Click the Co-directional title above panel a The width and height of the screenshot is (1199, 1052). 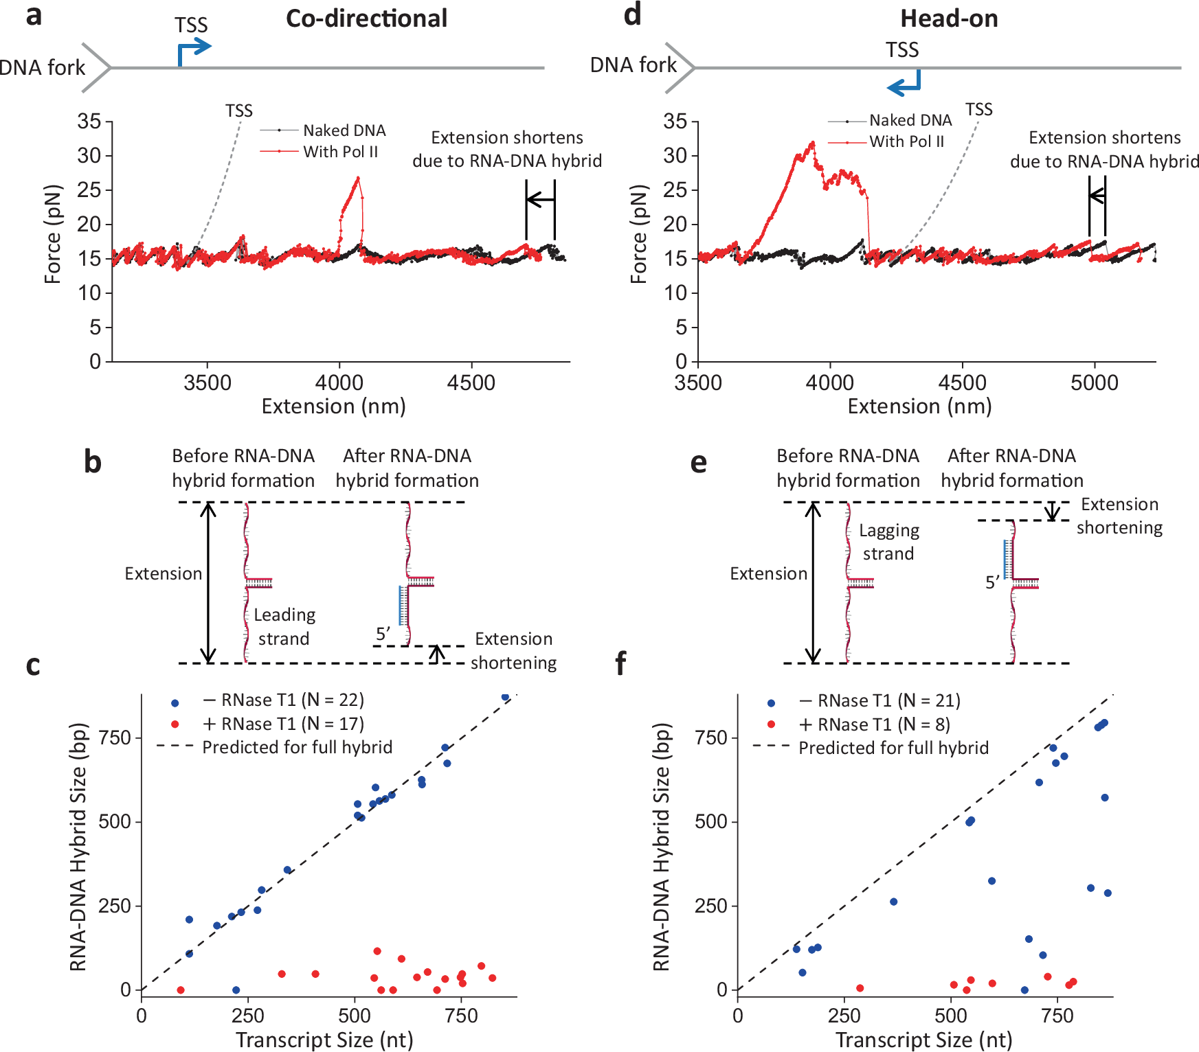(x=366, y=19)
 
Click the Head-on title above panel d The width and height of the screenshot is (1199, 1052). (x=949, y=19)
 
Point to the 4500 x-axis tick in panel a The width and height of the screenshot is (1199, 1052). (x=471, y=382)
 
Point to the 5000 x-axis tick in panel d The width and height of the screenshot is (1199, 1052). (x=1094, y=382)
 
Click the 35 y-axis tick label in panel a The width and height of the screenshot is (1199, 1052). (x=89, y=122)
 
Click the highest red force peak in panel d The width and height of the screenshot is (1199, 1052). (x=813, y=143)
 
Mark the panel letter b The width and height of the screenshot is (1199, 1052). (x=93, y=462)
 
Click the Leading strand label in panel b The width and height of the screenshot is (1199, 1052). (x=284, y=626)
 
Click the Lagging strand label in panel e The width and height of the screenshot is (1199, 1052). (x=888, y=542)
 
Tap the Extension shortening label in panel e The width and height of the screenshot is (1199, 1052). (x=1119, y=516)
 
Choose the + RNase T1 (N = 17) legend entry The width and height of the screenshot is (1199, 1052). (x=282, y=724)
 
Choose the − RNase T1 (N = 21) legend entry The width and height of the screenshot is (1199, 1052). (x=879, y=700)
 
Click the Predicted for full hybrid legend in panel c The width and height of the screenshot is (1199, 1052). (x=297, y=747)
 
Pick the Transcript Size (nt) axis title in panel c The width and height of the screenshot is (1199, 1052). (x=324, y=1040)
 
